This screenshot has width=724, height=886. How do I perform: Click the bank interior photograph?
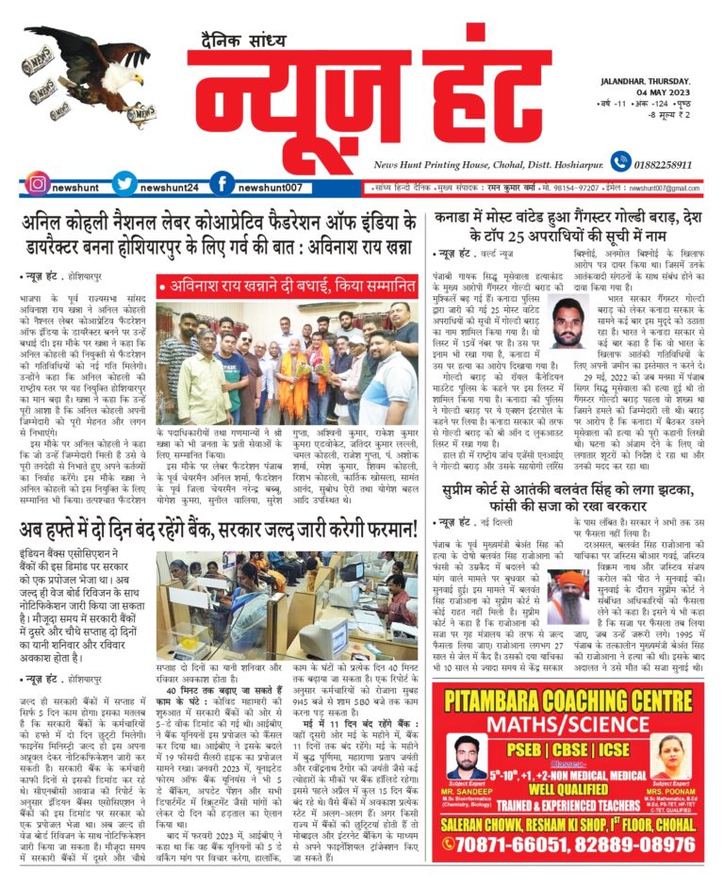[290, 608]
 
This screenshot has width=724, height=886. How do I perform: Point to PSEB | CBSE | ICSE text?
[571, 754]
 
